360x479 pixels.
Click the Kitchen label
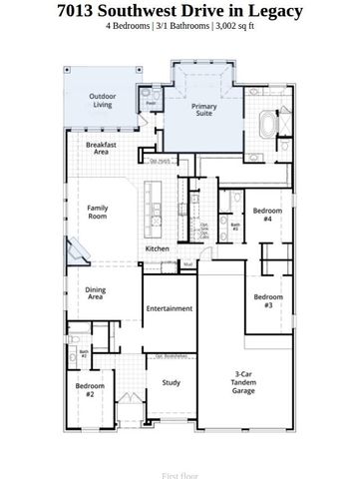[158, 248]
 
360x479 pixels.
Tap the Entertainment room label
[169, 308]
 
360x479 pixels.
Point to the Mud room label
[187, 263]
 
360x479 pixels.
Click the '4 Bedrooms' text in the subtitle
[130, 26]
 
